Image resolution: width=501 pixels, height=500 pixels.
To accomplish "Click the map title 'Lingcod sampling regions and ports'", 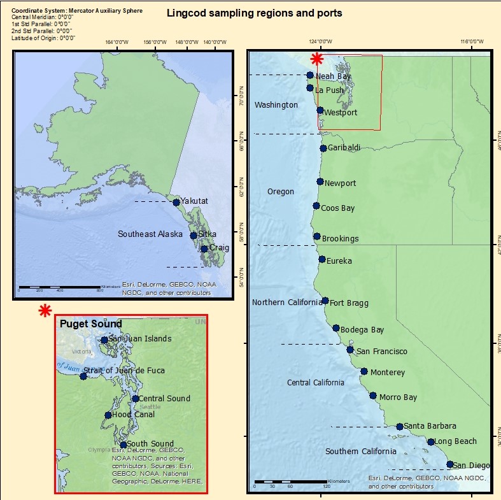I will (x=253, y=13).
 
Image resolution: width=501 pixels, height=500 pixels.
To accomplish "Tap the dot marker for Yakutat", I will (x=176, y=203).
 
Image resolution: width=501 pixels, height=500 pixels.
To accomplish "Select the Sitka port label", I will (x=207, y=234).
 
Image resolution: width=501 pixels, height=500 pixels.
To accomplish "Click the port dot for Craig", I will (x=204, y=249).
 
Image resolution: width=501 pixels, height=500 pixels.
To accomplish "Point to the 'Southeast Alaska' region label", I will (x=150, y=234).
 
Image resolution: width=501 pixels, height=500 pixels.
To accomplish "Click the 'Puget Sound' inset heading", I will (x=90, y=324).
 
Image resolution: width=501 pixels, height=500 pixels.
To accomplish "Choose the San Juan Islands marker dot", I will (x=104, y=339).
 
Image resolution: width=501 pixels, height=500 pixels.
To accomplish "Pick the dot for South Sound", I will (x=123, y=445).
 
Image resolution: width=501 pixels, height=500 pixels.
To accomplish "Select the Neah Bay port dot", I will (x=310, y=75).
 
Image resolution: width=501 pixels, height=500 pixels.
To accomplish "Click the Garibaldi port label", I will (x=344, y=148).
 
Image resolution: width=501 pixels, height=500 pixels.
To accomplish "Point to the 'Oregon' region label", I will (x=281, y=192).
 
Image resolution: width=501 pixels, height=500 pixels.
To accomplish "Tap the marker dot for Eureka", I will (x=322, y=259).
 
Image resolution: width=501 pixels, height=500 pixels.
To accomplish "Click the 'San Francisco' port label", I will (x=381, y=352).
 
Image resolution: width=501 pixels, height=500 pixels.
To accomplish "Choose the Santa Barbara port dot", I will (x=399, y=427).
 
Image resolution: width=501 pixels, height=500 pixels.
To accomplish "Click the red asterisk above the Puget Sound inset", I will (x=45, y=310).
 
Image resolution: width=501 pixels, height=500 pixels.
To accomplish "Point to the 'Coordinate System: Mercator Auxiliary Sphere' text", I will (x=77, y=11).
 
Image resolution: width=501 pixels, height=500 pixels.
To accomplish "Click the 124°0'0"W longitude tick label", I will (x=320, y=42).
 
